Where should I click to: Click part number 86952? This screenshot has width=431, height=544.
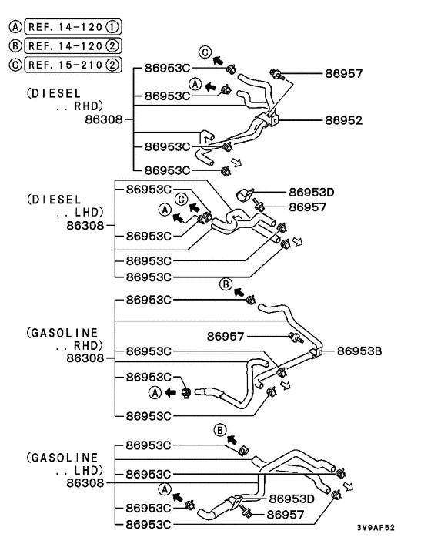pos(343,121)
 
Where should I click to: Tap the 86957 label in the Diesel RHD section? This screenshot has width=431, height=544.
pos(343,74)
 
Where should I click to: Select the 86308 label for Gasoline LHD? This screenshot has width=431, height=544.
pos(85,482)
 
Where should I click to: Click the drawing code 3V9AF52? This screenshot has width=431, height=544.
pos(376,528)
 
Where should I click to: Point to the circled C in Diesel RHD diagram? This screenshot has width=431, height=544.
pos(205,52)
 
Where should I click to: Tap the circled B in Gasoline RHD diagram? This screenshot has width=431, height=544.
pos(226,284)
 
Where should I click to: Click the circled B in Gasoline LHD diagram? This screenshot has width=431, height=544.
pos(220,429)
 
